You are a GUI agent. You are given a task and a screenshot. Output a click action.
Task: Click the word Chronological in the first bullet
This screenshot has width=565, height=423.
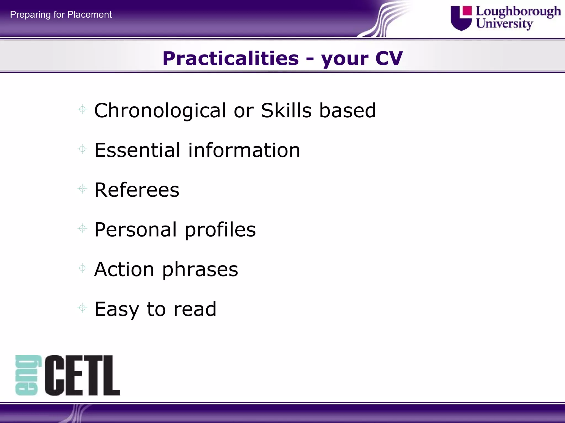[x=160, y=110]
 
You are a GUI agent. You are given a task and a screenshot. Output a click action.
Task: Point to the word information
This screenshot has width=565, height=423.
[x=244, y=150]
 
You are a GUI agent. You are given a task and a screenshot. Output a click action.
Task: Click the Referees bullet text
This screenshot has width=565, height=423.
[x=137, y=190]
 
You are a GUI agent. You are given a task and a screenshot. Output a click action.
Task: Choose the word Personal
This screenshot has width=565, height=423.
[x=135, y=229]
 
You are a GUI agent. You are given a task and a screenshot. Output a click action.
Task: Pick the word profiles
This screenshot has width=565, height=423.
[x=220, y=229]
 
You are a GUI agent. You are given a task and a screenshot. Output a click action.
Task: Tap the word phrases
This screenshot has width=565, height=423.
[x=200, y=269]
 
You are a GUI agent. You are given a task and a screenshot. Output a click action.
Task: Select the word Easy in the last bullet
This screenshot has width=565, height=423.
[x=116, y=309]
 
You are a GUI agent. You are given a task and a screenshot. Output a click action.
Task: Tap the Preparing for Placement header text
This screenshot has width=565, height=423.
[x=61, y=14]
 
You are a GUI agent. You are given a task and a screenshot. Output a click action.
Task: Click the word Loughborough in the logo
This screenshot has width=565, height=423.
[x=518, y=12]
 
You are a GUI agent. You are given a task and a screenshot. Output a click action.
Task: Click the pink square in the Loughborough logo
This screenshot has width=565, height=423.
[x=467, y=11]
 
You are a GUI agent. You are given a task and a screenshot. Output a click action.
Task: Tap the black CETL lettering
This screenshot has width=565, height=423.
[x=82, y=375]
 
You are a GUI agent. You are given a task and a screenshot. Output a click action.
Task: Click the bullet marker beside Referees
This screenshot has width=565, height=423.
[x=82, y=189]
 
